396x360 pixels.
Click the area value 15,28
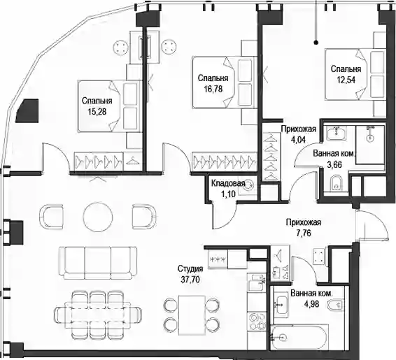tap(97, 112)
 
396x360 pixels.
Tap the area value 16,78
tap(213, 89)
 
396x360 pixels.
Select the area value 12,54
tap(346, 80)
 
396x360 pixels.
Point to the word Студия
tap(190, 268)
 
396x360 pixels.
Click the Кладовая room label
tap(228, 183)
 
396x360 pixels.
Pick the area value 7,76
tap(304, 233)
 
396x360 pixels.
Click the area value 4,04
tap(298, 140)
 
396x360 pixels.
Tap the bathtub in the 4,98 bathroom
tap(299, 337)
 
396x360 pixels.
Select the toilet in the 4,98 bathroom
tap(334, 305)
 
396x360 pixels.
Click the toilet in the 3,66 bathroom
tap(336, 183)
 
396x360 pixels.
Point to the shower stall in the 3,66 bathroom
tap(370, 145)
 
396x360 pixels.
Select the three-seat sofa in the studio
tap(97, 263)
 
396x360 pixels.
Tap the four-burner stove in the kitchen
tap(257, 321)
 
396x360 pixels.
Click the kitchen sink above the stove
tap(257, 282)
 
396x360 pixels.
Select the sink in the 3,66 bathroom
tap(336, 132)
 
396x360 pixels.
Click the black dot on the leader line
tap(316, 43)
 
